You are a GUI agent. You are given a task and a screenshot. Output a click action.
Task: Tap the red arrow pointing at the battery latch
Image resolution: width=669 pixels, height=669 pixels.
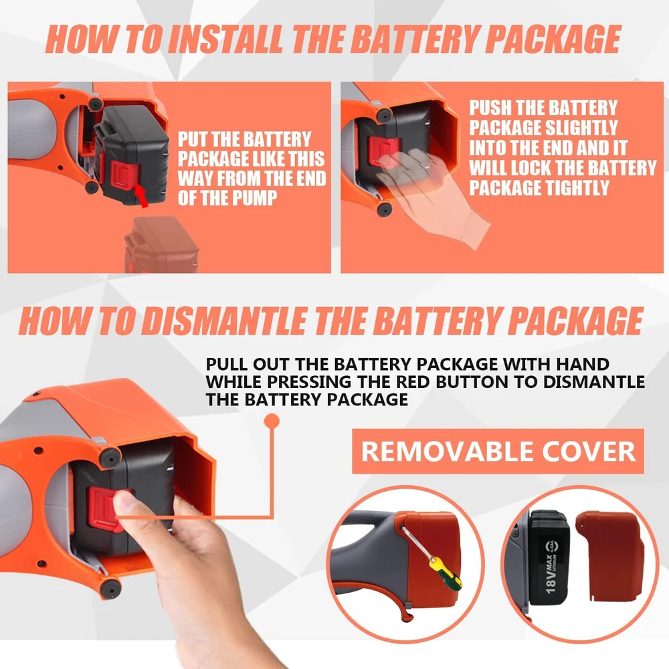tap(142, 196)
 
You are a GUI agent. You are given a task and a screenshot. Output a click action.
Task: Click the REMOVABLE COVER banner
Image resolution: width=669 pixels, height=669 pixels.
tap(498, 451)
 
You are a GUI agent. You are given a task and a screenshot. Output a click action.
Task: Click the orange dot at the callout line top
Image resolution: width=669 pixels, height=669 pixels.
tap(272, 421)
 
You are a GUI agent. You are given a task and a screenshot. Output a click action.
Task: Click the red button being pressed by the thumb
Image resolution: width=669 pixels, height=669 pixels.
tap(106, 510)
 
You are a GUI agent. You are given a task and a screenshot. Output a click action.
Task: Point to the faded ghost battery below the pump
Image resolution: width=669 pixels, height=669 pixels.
tap(161, 244)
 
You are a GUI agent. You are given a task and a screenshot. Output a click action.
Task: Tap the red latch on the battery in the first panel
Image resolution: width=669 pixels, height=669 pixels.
tap(124, 175)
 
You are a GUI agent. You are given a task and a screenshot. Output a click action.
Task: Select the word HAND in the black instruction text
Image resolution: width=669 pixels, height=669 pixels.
tap(583, 364)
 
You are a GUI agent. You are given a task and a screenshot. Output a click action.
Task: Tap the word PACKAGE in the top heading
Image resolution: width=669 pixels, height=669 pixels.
tap(553, 39)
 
